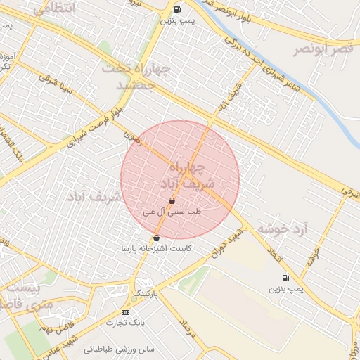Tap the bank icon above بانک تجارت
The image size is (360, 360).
tap(125, 312)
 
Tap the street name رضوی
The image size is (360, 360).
tap(133, 134)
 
